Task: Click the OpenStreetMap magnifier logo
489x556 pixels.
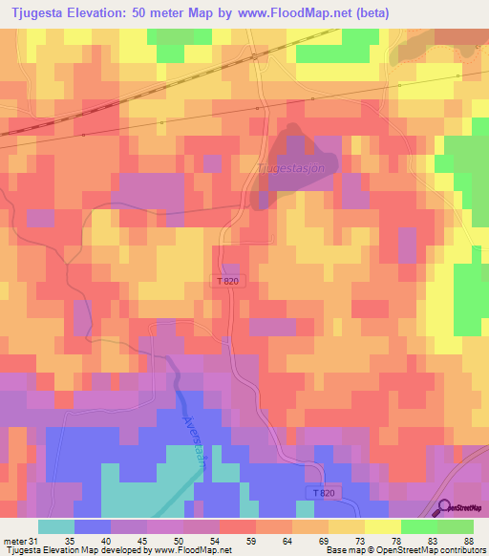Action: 444,508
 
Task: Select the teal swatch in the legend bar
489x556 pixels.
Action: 55,526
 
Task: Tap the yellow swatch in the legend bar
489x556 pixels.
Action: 382,526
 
